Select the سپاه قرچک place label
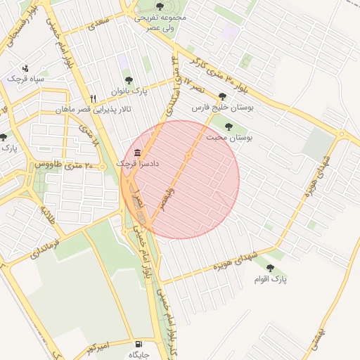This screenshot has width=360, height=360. pos(25,79)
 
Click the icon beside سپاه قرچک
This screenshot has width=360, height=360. pos(26,69)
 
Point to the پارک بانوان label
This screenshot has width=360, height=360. pos(127,91)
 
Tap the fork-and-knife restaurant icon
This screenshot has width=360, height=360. pos(92,98)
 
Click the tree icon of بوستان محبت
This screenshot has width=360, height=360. pos(229,127)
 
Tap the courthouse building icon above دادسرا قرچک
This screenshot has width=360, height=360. pos(136,153)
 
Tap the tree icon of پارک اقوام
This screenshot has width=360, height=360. pos(270,268)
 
